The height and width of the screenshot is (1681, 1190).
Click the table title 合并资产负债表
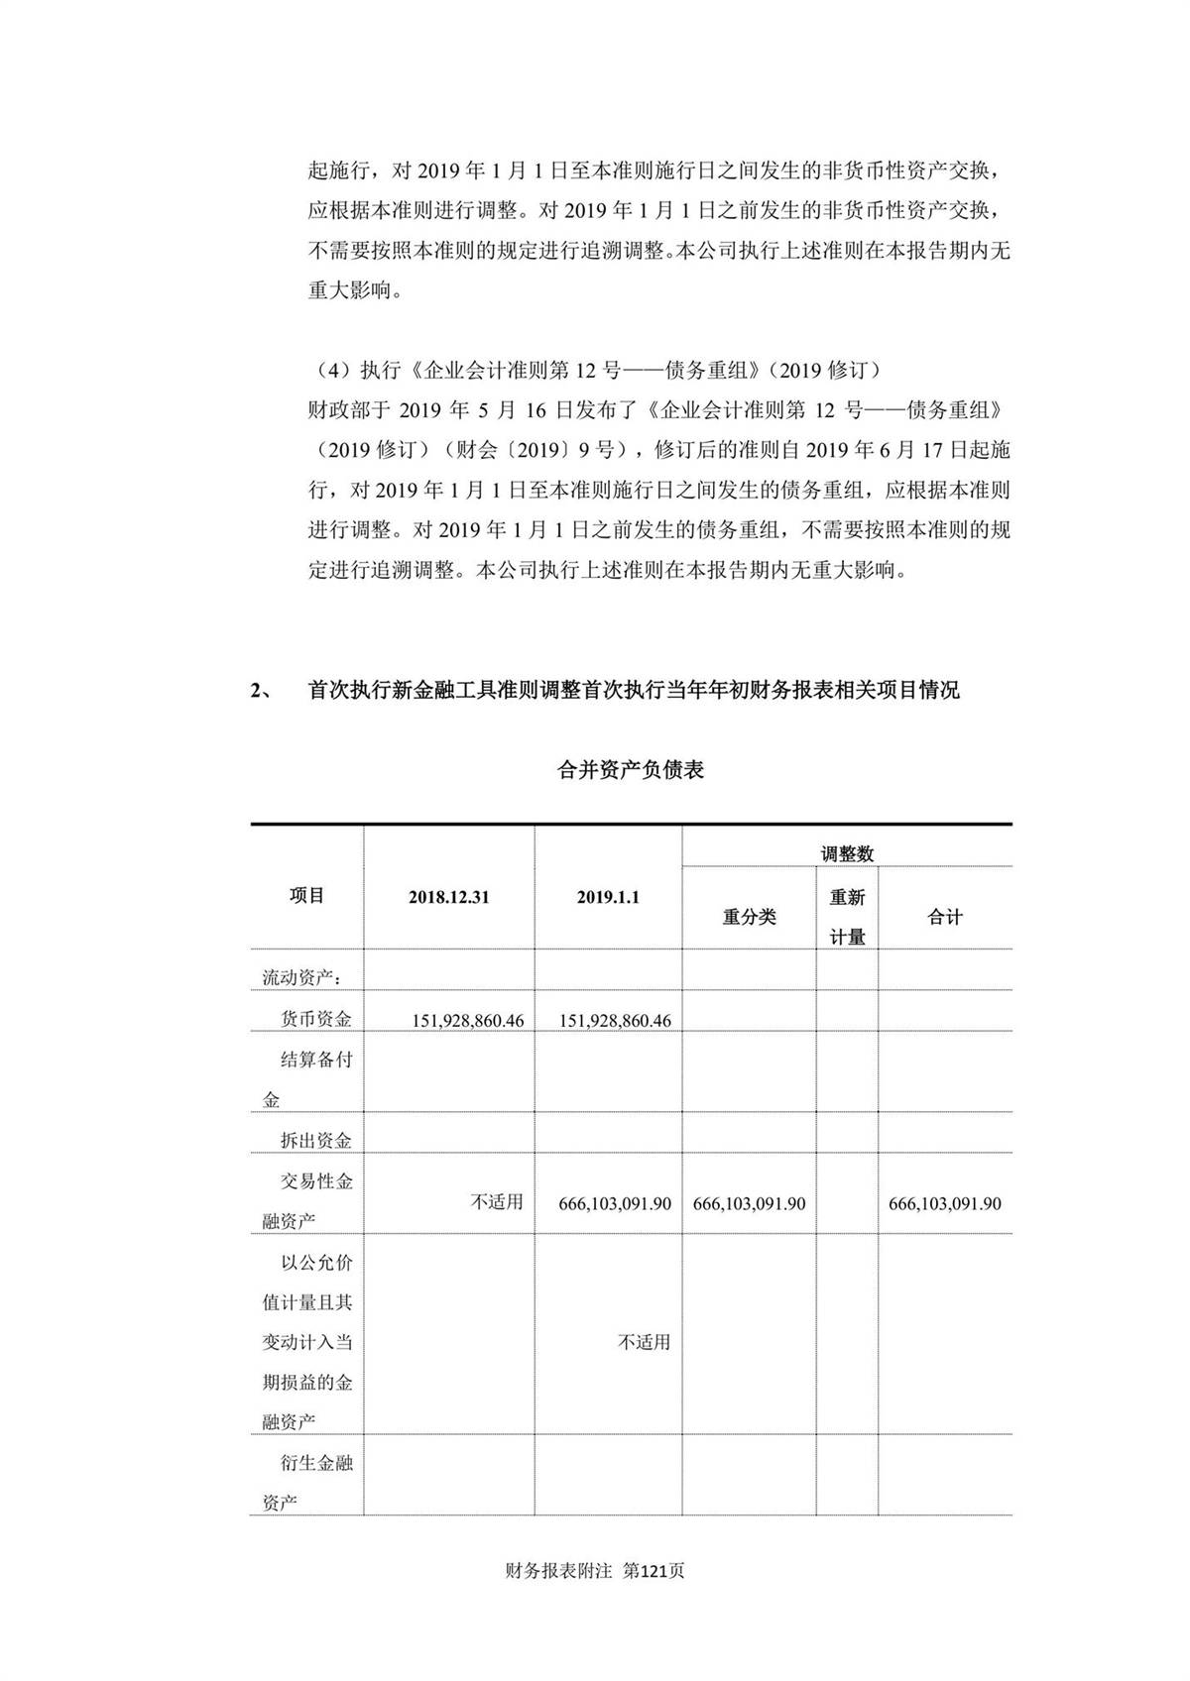[x=631, y=770]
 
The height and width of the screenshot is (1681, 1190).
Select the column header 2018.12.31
[x=448, y=897]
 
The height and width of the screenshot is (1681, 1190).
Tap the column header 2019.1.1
[x=608, y=897]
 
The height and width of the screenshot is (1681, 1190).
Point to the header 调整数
[x=847, y=853]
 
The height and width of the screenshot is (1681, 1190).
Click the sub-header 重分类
[x=749, y=917]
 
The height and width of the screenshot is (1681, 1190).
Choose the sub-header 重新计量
[x=847, y=917]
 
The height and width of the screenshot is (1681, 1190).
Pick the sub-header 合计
[x=944, y=917]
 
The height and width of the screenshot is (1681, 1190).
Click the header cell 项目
[x=307, y=895]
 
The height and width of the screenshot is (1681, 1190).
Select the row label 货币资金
[x=316, y=1019]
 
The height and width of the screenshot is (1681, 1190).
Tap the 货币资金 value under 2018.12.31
[x=468, y=1020]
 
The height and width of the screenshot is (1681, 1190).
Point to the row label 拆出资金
[x=316, y=1141]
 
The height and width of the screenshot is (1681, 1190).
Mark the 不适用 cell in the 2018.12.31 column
[x=496, y=1202]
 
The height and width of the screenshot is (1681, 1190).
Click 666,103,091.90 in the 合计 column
[x=944, y=1203]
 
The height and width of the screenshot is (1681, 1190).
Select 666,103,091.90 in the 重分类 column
[x=749, y=1203]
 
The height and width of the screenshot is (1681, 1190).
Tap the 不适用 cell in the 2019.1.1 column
[x=645, y=1342]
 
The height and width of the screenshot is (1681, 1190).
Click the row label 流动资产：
[x=302, y=978]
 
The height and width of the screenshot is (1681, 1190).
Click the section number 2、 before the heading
[x=263, y=691]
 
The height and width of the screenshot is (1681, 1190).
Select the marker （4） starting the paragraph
[x=330, y=371]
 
